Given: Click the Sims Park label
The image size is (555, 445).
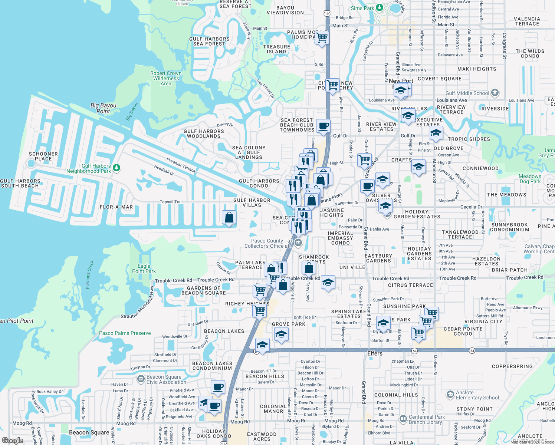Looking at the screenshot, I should [x=362, y=8].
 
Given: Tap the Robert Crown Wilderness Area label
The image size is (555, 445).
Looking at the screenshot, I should [x=166, y=78].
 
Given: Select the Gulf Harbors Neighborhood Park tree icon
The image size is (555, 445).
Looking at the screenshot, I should [x=116, y=168].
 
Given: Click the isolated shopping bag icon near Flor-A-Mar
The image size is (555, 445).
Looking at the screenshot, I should [x=229, y=217].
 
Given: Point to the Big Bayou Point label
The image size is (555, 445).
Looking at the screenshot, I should [x=103, y=108].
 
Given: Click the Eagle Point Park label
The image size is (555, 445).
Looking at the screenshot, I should [x=144, y=268].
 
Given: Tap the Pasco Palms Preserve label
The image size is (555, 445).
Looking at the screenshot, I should [x=125, y=333].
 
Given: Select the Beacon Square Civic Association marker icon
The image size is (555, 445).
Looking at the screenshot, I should [x=141, y=379].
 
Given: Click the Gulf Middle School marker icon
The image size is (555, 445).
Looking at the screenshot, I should [x=495, y=93].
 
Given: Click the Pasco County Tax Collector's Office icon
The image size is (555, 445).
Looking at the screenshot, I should [x=299, y=243].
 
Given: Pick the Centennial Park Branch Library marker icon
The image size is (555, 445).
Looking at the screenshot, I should [x=403, y=419].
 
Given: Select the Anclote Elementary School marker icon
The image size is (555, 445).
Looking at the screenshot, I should [x=450, y=395].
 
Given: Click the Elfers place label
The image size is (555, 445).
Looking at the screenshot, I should [x=375, y=353].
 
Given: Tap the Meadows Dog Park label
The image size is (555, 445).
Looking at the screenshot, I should [x=530, y=179].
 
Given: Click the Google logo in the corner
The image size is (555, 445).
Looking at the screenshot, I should [x=13, y=441].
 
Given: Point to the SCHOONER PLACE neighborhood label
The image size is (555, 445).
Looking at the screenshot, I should [x=43, y=156].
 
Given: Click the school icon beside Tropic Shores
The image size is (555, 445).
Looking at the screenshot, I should [x=436, y=133].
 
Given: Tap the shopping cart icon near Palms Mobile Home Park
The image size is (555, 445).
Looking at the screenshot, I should [x=322, y=37].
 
